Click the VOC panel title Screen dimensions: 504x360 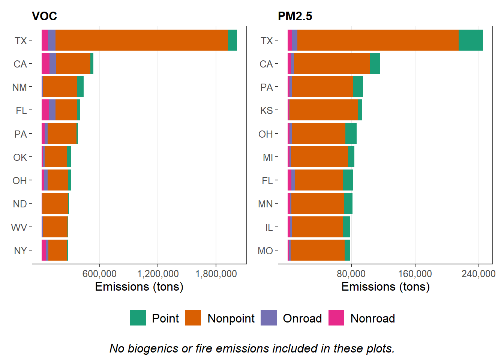click(x=44, y=16)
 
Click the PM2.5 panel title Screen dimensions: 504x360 click(x=295, y=16)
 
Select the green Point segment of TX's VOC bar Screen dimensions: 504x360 click(x=232, y=40)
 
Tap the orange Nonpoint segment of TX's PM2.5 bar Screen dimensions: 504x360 click(x=378, y=40)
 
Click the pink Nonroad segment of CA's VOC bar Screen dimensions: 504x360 click(x=45, y=63)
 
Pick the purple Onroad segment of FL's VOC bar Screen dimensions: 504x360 click(x=52, y=110)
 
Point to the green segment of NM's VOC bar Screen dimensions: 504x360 click(x=80, y=87)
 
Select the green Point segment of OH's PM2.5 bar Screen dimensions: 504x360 click(x=351, y=133)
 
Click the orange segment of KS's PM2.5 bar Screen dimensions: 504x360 click(x=324, y=110)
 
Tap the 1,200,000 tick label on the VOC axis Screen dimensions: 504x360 click(x=158, y=274)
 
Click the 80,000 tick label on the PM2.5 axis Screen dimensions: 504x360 click(x=351, y=274)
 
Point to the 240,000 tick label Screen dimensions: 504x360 click(x=478, y=274)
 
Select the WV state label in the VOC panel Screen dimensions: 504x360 click(x=19, y=228)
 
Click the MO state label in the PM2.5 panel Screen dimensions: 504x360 click(x=265, y=251)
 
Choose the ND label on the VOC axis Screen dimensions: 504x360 click(x=20, y=204)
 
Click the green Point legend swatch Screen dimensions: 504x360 click(x=138, y=318)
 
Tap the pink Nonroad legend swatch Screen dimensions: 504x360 click(x=336, y=318)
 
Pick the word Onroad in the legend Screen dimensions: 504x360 click(x=302, y=318)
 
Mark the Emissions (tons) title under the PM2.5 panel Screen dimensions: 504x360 click(x=385, y=287)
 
